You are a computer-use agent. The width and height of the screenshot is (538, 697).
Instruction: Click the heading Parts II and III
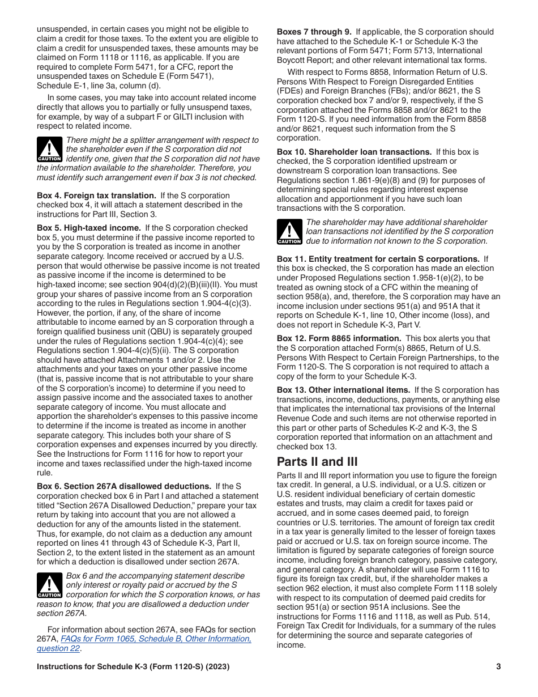[x=317, y=461]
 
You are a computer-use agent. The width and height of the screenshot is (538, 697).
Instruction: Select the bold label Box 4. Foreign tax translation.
[x=96, y=195]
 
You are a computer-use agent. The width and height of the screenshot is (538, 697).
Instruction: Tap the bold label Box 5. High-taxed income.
[x=88, y=228]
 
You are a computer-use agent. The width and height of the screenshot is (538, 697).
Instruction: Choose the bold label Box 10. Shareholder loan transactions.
[x=354, y=152]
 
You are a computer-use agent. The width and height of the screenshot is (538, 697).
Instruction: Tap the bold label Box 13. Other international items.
[x=343, y=390]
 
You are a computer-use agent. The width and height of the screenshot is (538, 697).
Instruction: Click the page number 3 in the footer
[x=498, y=667]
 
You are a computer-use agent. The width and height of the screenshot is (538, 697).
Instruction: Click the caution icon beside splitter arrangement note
[x=49, y=150]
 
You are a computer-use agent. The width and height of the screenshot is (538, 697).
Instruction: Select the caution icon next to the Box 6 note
[x=49, y=585]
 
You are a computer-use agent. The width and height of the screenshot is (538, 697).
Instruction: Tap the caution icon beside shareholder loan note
[x=289, y=232]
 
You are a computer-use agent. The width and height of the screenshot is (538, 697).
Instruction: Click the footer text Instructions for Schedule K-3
[x=133, y=667]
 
